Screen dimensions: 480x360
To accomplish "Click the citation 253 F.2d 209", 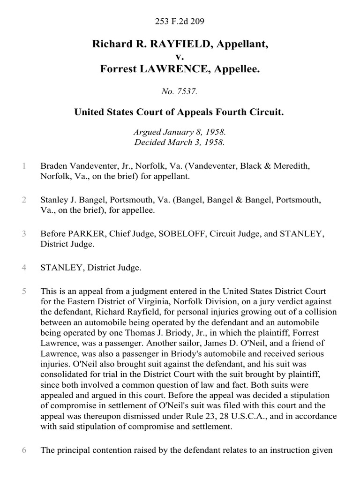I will pos(180,21).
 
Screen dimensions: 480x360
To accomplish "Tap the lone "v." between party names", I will pos(180,57).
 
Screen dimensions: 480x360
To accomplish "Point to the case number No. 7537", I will pos(180,92).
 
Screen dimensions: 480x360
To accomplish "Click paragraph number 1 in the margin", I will pos(23,166).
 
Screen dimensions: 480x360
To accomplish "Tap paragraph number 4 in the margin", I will pos(23,268).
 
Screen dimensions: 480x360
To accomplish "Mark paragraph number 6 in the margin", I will pos(23,450).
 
